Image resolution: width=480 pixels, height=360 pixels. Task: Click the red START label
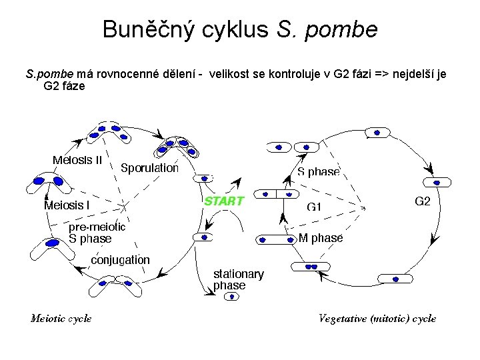(223, 200)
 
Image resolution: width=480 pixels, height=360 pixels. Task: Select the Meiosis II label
(77, 160)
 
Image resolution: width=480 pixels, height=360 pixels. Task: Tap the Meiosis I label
(67, 205)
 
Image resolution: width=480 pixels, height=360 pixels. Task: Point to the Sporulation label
(149, 168)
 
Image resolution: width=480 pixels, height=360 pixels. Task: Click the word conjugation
(120, 259)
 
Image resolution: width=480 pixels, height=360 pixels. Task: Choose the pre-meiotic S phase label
(97, 233)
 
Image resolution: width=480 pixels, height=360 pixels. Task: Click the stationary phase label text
(238, 279)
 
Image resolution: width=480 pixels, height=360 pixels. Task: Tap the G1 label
(313, 207)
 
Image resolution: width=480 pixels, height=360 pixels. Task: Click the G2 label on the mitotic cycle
(423, 201)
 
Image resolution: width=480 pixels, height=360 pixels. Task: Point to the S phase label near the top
(318, 172)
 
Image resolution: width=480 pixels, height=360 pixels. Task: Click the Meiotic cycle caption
(61, 318)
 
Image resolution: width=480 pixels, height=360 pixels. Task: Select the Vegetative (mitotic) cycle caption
(377, 318)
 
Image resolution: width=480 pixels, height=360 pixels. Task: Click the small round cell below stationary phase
(234, 297)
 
